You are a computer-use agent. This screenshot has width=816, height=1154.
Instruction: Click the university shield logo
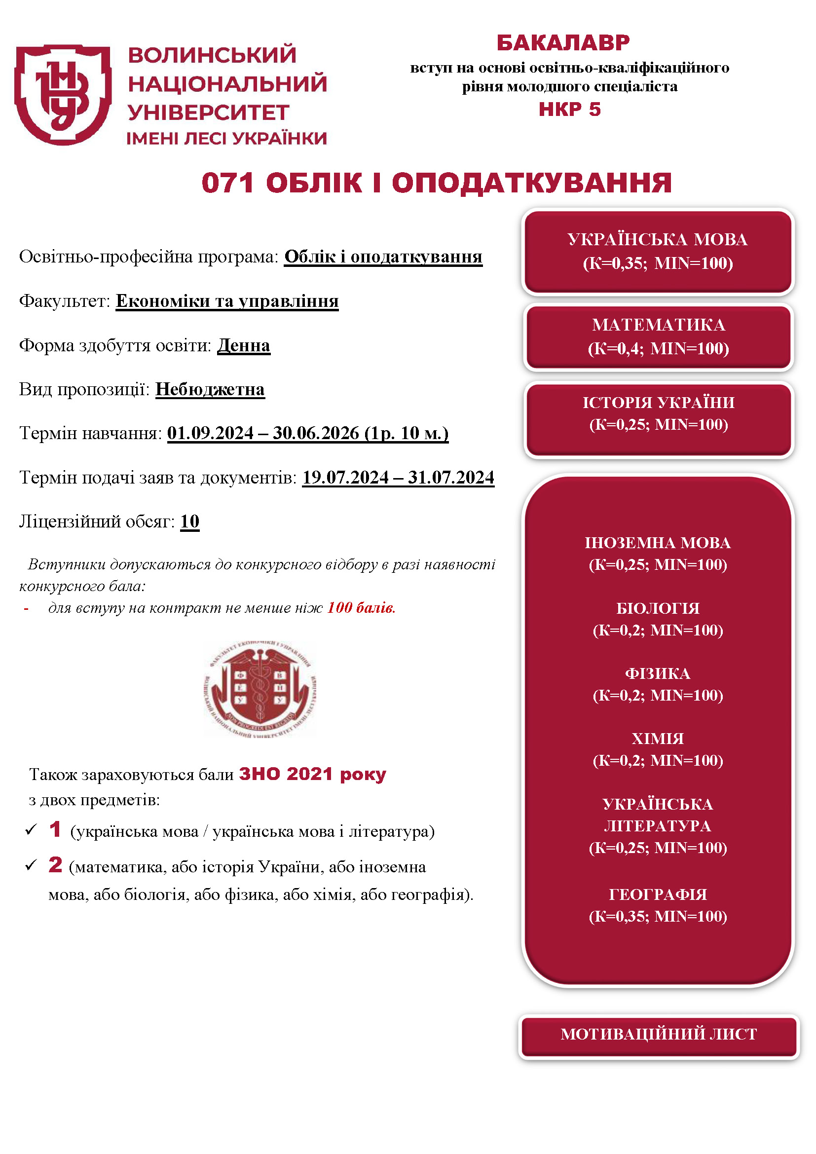pyautogui.click(x=63, y=94)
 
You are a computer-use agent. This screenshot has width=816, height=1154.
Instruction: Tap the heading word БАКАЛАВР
pyautogui.click(x=563, y=43)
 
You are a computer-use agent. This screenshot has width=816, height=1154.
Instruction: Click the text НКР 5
pyautogui.click(x=569, y=109)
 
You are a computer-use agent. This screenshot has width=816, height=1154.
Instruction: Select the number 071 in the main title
pyautogui.click(x=227, y=183)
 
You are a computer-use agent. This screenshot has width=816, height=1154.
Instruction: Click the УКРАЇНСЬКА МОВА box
pyautogui.click(x=657, y=251)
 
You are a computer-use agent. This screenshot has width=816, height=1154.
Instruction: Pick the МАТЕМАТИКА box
pyautogui.click(x=658, y=337)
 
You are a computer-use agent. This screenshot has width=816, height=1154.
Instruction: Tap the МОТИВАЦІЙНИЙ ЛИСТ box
pyautogui.click(x=658, y=1034)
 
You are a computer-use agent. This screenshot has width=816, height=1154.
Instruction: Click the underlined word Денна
pyautogui.click(x=244, y=345)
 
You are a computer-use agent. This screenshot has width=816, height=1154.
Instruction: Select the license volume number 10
pyautogui.click(x=190, y=521)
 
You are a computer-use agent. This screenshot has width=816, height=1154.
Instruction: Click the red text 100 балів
pyautogui.click(x=361, y=608)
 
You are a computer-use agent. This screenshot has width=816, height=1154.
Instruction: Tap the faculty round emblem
pyautogui.click(x=260, y=689)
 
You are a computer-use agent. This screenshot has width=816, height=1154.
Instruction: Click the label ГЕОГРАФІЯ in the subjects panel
pyautogui.click(x=658, y=894)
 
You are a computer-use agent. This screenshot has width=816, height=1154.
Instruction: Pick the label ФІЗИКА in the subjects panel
pyautogui.click(x=658, y=673)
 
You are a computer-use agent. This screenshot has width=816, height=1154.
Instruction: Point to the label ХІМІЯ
pyautogui.click(x=658, y=739)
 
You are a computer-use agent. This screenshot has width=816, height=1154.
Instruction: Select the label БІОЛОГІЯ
pyautogui.click(x=658, y=608)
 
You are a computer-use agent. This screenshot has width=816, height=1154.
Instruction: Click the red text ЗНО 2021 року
pyautogui.click(x=312, y=774)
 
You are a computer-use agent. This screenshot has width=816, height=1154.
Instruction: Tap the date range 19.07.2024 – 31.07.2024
pyautogui.click(x=398, y=477)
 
